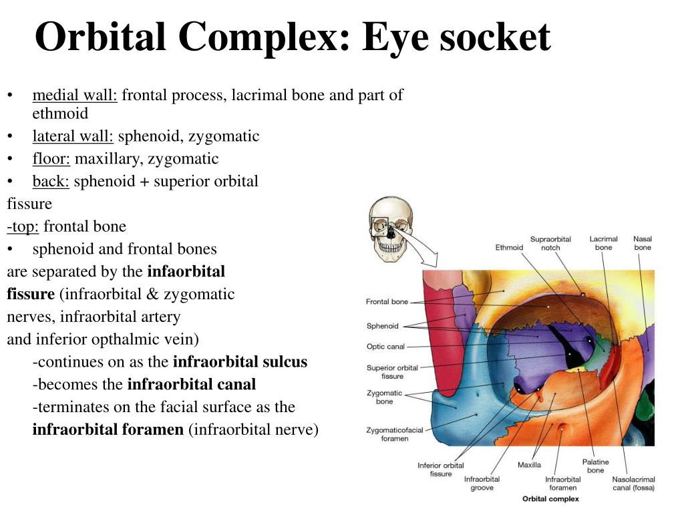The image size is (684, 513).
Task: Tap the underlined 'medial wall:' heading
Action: pyautogui.click(x=75, y=95)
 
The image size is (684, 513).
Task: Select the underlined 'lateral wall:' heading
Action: pyautogui.click(x=73, y=136)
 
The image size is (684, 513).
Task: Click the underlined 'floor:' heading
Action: pyautogui.click(x=51, y=158)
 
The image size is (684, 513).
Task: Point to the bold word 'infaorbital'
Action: pyautogui.click(x=186, y=272)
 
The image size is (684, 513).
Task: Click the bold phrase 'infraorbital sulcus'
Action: pyautogui.click(x=240, y=362)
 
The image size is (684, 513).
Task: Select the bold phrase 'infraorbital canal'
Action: pyautogui.click(x=191, y=385)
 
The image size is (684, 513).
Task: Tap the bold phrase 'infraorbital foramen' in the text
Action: pyautogui.click(x=108, y=430)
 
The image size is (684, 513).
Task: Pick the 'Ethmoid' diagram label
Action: pyautogui.click(x=509, y=248)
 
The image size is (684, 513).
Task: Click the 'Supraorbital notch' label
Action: pyautogui.click(x=550, y=243)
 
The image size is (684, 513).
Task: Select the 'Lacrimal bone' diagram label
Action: pyautogui.click(x=603, y=243)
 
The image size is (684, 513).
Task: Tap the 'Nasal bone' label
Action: pyautogui.click(x=643, y=243)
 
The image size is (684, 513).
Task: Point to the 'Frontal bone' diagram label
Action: pyautogui.click(x=387, y=302)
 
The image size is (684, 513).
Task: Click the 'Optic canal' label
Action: pyautogui.click(x=385, y=347)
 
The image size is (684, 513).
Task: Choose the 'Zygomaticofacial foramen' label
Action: pyautogui.click(x=395, y=434)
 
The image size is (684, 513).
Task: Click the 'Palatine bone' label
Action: pyautogui.click(x=595, y=466)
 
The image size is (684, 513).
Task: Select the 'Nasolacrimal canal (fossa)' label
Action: pyautogui.click(x=634, y=483)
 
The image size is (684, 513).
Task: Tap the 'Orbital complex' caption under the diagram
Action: pyautogui.click(x=550, y=499)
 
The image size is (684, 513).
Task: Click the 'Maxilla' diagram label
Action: pyautogui.click(x=529, y=465)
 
